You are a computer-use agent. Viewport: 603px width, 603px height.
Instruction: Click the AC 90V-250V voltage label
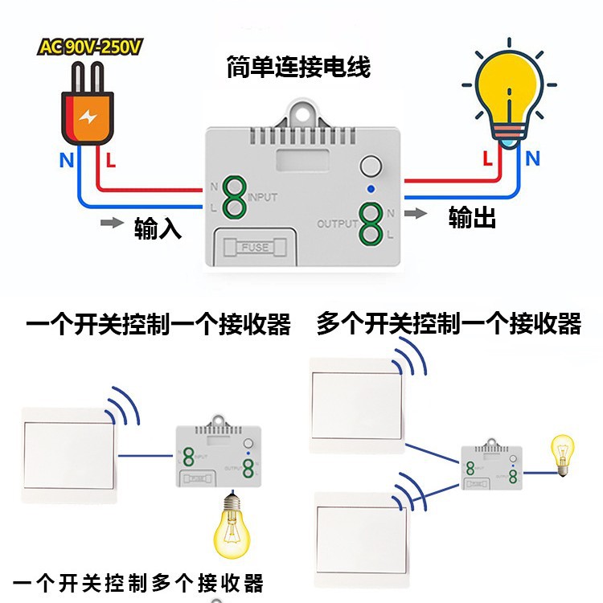click(x=90, y=47)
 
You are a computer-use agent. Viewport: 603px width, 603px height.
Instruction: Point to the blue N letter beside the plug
click(x=66, y=159)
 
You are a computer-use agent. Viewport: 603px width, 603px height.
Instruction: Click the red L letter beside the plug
click(x=111, y=159)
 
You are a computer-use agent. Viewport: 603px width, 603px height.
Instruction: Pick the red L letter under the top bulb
click(x=488, y=158)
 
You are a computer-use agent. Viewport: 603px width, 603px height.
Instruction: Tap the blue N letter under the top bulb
click(x=532, y=158)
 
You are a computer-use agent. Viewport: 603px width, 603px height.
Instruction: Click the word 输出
click(x=472, y=217)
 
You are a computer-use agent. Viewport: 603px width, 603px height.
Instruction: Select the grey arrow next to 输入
click(x=111, y=222)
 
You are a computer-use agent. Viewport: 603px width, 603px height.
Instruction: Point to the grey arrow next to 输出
click(x=416, y=214)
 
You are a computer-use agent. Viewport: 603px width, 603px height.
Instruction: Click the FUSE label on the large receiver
click(x=256, y=247)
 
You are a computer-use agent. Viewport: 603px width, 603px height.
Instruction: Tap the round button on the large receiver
click(x=371, y=166)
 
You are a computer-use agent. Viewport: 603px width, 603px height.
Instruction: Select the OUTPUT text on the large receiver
click(x=336, y=223)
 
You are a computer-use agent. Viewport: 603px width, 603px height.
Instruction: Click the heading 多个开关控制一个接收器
click(x=449, y=324)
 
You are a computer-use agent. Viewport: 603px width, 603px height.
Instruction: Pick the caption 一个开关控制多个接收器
click(x=139, y=582)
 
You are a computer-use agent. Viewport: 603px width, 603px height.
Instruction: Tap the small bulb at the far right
click(x=561, y=456)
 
